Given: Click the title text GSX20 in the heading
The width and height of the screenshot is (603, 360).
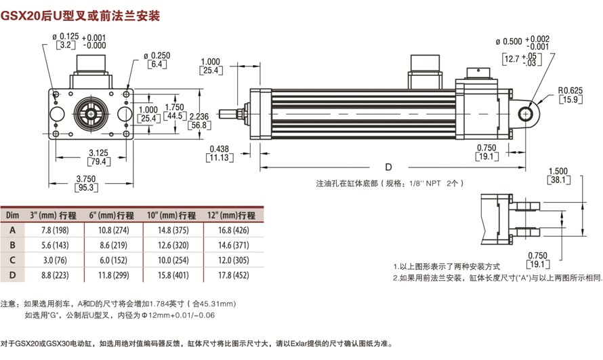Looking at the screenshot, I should click(22, 14).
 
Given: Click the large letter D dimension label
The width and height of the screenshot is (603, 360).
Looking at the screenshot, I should click(388, 166).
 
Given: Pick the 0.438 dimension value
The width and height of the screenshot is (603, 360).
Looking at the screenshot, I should click(220, 148).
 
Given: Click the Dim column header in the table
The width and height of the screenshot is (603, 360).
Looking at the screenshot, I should click(12, 216).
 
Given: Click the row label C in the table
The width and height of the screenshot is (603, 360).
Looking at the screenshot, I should click(12, 260).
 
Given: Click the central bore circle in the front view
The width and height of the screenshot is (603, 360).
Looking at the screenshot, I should click(90, 112).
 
